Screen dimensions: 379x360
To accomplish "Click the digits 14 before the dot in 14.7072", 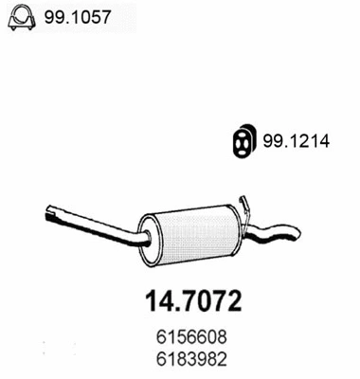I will tap(158, 300).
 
